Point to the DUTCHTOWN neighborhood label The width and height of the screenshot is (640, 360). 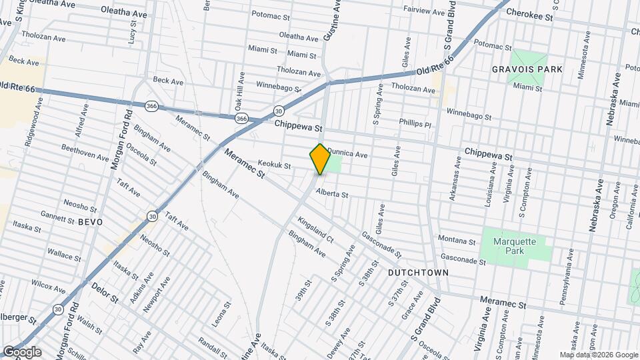click(x=418, y=273)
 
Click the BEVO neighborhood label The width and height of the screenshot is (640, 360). click(x=91, y=221)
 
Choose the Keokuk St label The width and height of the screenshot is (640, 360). click(x=275, y=164)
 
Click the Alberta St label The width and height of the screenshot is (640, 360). click(x=332, y=194)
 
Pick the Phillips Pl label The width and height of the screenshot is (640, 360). click(x=415, y=123)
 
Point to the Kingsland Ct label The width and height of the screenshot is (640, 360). click(x=315, y=227)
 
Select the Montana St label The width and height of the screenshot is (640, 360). click(x=457, y=239)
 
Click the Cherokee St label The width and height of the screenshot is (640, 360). click(x=530, y=13)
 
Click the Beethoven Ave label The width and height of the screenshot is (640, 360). click(x=85, y=153)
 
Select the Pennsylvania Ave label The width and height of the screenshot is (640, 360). click(x=567, y=277)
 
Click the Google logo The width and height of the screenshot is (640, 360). click(x=21, y=352)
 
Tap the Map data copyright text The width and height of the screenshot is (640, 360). click(x=598, y=355)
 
